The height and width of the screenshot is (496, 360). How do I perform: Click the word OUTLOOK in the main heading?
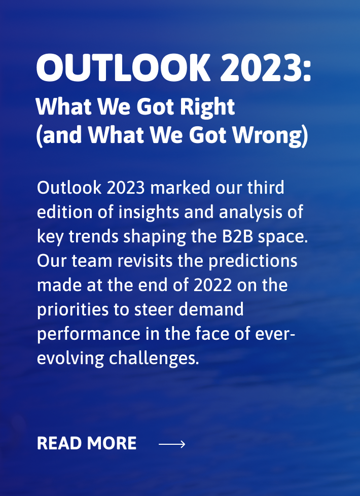pos(123,68)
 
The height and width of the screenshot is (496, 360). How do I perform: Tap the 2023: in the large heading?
pos(266,68)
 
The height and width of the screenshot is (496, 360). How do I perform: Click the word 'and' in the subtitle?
pos(62,135)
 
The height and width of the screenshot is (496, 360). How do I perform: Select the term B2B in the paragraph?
pos(238,237)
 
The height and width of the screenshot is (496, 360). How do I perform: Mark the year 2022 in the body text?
pos(212,286)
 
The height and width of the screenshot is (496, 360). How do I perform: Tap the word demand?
pos(211,309)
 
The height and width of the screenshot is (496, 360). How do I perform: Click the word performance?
pos(89,334)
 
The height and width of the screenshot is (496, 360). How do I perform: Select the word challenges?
pos(154,359)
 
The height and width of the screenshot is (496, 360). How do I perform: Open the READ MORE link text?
pos(87,443)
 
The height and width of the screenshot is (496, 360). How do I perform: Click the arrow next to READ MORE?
pos(172,444)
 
